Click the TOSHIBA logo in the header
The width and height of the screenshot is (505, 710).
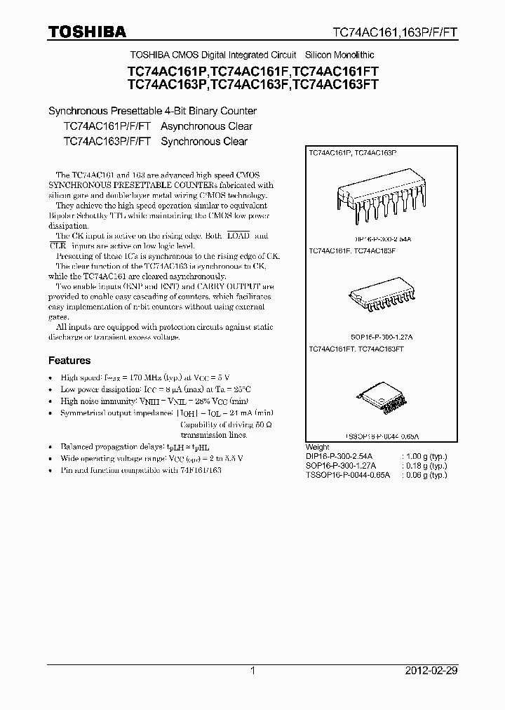pos(87,31)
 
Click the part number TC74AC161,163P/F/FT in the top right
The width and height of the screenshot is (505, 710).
pos(395,32)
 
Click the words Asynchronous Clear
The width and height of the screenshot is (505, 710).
pos(206,126)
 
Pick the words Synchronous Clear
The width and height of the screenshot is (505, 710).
pos(204,141)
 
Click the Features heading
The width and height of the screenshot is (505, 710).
pos(69,361)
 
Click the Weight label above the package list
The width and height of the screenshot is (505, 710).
pos(318,447)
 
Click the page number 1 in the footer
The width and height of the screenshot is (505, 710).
pos(252,671)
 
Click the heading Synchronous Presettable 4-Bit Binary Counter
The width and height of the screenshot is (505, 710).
pos(152,111)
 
